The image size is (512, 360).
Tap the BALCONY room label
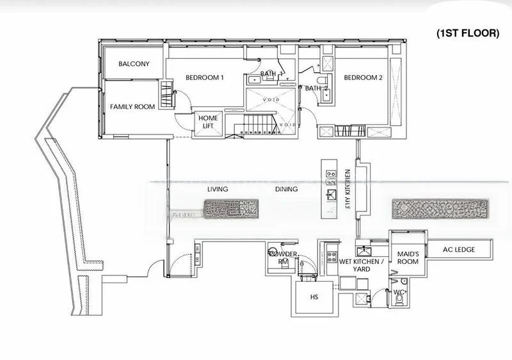134,64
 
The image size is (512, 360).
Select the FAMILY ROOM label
132,107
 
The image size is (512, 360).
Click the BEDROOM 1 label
204,78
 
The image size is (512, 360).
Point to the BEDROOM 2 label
363,78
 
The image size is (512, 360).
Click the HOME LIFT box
208,122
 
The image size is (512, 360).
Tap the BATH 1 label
271,74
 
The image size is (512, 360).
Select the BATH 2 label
316,88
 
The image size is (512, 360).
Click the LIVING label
218,190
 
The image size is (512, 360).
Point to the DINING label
287,190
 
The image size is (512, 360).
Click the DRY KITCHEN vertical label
347,190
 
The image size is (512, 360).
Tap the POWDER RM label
282,258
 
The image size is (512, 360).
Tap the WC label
399,292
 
